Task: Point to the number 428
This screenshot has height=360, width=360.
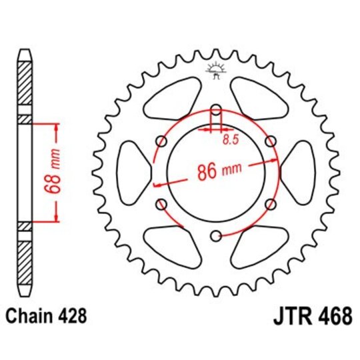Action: tap(71, 316)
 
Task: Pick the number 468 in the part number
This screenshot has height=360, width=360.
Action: tap(333, 316)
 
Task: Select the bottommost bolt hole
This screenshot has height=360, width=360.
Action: tap(215, 235)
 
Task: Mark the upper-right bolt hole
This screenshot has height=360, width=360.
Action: tap(270, 141)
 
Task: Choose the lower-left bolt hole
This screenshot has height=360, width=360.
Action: tap(161, 204)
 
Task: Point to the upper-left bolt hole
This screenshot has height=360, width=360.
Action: tap(161, 141)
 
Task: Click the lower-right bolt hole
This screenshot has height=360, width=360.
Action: tap(270, 204)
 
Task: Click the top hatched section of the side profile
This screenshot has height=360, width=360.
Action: tap(25, 81)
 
